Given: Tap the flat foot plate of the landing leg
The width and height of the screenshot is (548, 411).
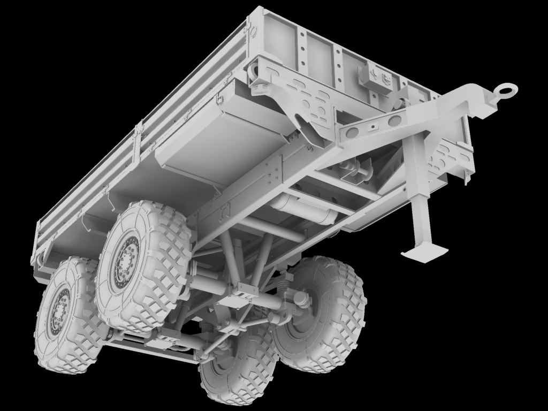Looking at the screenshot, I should pos(426,252).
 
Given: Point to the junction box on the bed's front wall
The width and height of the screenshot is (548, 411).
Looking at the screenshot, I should pos(377,78).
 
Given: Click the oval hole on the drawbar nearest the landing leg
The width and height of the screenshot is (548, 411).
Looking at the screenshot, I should pos(395,120).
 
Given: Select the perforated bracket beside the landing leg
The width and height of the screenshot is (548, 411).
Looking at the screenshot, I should pos(452,158).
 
